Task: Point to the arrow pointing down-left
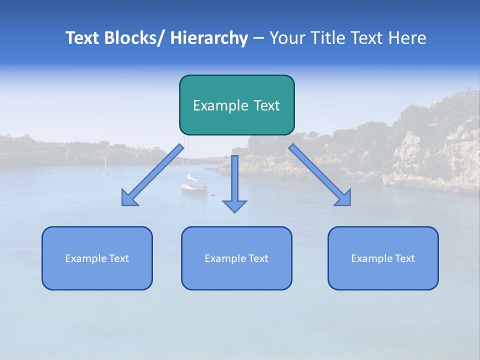tap(152, 175)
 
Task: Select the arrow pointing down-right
tap(320, 175)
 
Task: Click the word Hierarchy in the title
tap(209, 38)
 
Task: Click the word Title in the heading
tap(329, 38)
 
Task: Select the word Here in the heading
tap(408, 38)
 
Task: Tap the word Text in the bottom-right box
tap(403, 258)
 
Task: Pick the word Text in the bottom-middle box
tap(257, 258)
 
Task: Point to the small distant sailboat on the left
tap(105, 167)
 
